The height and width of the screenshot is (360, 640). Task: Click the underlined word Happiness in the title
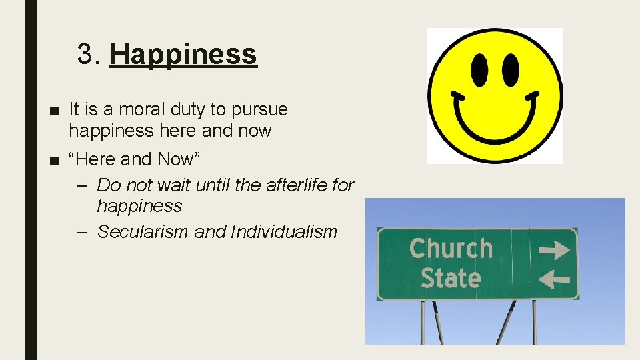click(183, 55)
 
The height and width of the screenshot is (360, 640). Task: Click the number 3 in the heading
click(85, 55)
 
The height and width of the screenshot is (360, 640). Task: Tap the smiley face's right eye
click(511, 69)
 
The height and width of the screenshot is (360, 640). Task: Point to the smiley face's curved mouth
click(495, 120)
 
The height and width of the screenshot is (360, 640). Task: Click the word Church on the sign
click(451, 249)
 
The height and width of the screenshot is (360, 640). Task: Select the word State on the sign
click(451, 277)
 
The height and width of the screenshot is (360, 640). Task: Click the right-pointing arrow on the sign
click(554, 251)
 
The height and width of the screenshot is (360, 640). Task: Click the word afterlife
click(297, 185)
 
